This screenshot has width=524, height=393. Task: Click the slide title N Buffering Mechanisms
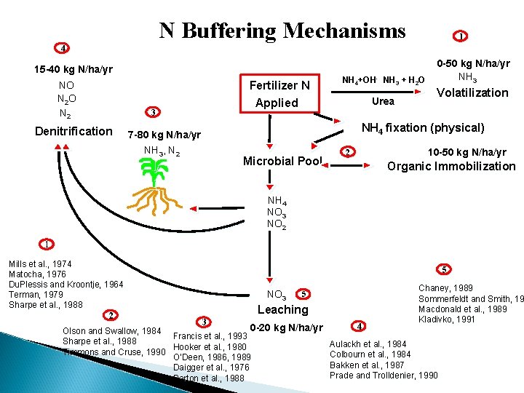282,31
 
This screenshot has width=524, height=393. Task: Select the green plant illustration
154,186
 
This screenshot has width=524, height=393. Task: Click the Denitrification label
74,132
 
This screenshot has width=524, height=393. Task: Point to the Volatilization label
472,92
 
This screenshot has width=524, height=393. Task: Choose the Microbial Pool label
282,161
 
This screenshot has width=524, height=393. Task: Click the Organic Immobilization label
451,166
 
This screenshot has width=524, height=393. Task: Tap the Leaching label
282,309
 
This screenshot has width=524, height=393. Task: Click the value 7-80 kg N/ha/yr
164,135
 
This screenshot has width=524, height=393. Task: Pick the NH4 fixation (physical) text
423,128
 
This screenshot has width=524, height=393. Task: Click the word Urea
383,101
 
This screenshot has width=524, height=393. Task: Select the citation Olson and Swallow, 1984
112,332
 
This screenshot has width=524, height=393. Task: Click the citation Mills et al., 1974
40,263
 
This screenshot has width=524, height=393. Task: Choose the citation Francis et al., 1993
209,336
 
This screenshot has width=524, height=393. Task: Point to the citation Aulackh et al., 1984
368,344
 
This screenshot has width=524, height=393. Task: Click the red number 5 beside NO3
303,294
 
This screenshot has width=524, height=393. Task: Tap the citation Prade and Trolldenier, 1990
384,375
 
